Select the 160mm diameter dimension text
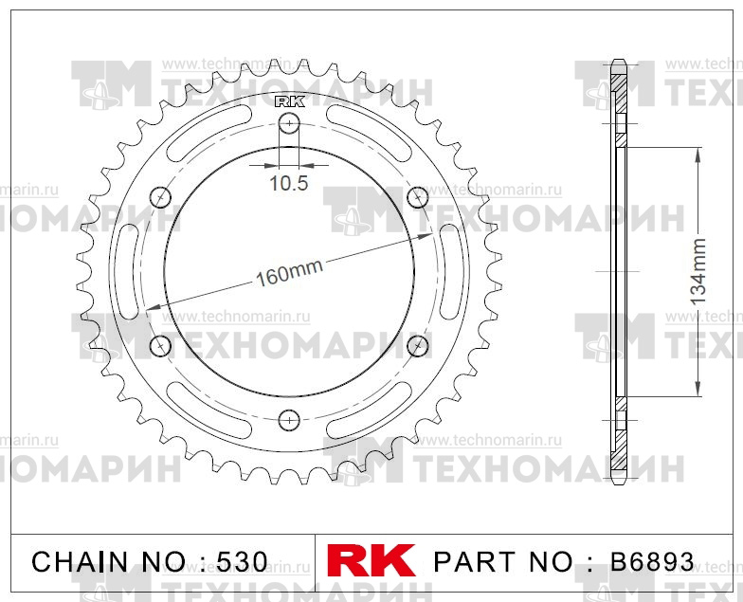click(x=289, y=274)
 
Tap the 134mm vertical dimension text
click(x=698, y=270)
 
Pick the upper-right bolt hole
click(x=417, y=196)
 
